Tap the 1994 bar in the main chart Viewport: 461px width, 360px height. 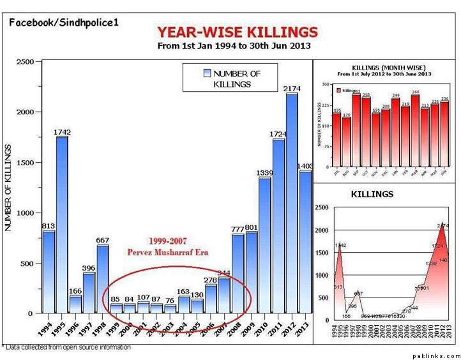(x=49, y=271)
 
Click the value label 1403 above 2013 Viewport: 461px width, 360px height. (x=305, y=166)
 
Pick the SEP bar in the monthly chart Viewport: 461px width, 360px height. (x=356, y=131)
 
